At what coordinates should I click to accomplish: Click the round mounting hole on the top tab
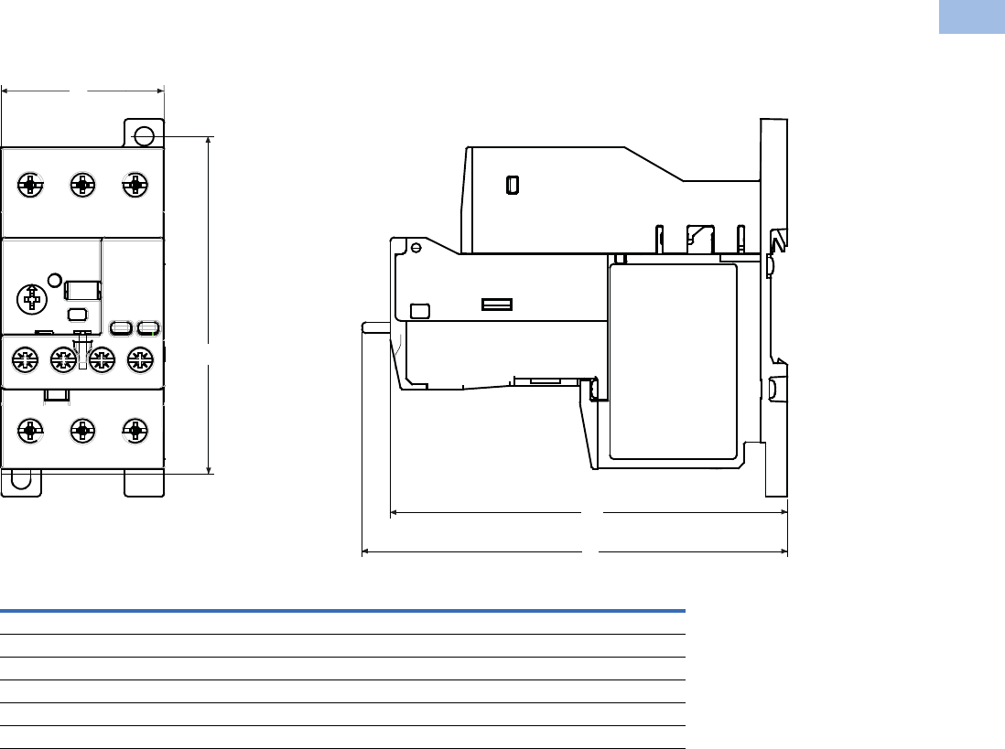pos(144,137)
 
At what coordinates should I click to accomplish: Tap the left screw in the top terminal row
pos(31,186)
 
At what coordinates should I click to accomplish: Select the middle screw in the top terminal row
pos(83,186)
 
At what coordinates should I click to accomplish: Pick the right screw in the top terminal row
pos(135,186)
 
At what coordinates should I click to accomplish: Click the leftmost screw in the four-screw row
pos(24,358)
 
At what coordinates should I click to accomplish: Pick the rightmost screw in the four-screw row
pos(139,358)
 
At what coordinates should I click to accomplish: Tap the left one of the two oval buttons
pos(120,326)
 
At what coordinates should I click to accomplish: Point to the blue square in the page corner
pos(971,17)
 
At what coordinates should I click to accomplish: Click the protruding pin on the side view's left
pos(375,326)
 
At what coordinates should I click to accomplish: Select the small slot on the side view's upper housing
pos(513,185)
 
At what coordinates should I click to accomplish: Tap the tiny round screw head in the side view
pos(416,247)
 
